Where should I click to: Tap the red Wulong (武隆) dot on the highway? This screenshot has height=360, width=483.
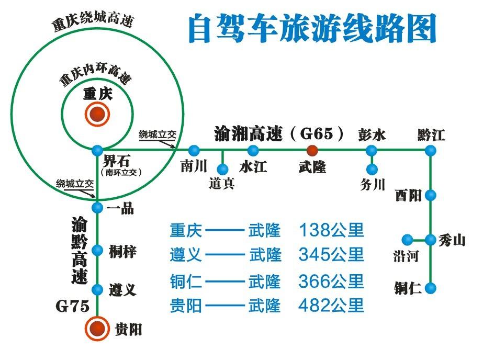click(x=312, y=150)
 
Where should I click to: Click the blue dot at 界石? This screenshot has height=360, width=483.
click(x=97, y=151)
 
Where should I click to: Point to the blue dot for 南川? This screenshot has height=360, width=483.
click(x=194, y=151)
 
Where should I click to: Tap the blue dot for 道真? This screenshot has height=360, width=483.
click(x=222, y=169)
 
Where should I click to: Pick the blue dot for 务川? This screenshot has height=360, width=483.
click(x=372, y=169)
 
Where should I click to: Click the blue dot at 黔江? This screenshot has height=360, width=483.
click(x=430, y=151)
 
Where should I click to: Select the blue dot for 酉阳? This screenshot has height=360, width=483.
click(x=430, y=195)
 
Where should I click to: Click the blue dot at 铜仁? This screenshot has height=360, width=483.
click(x=430, y=288)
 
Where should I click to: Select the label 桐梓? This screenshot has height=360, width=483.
click(x=122, y=251)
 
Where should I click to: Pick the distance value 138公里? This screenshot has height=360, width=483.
click(x=331, y=230)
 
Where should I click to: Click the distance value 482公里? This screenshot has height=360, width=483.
click(x=331, y=306)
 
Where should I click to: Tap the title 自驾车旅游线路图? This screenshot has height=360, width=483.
click(x=312, y=29)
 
